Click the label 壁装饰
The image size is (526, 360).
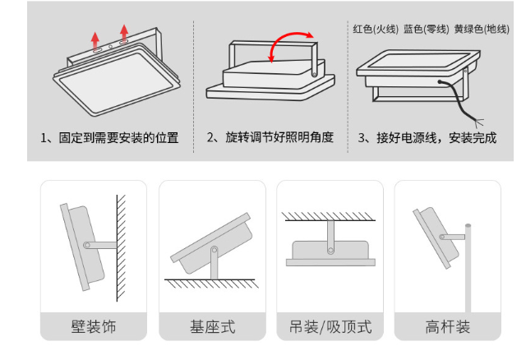point(93,327)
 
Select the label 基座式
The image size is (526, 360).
point(211,327)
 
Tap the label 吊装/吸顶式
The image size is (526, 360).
point(330,327)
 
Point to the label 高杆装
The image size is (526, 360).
point(448,327)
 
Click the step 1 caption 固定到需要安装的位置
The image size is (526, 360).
point(109,137)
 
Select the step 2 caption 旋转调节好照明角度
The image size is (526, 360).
point(270,137)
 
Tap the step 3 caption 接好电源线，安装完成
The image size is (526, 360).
point(427,137)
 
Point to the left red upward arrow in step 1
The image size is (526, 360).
point(96,40)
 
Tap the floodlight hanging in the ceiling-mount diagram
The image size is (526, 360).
point(329,252)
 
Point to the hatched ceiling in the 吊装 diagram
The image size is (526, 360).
point(330,217)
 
